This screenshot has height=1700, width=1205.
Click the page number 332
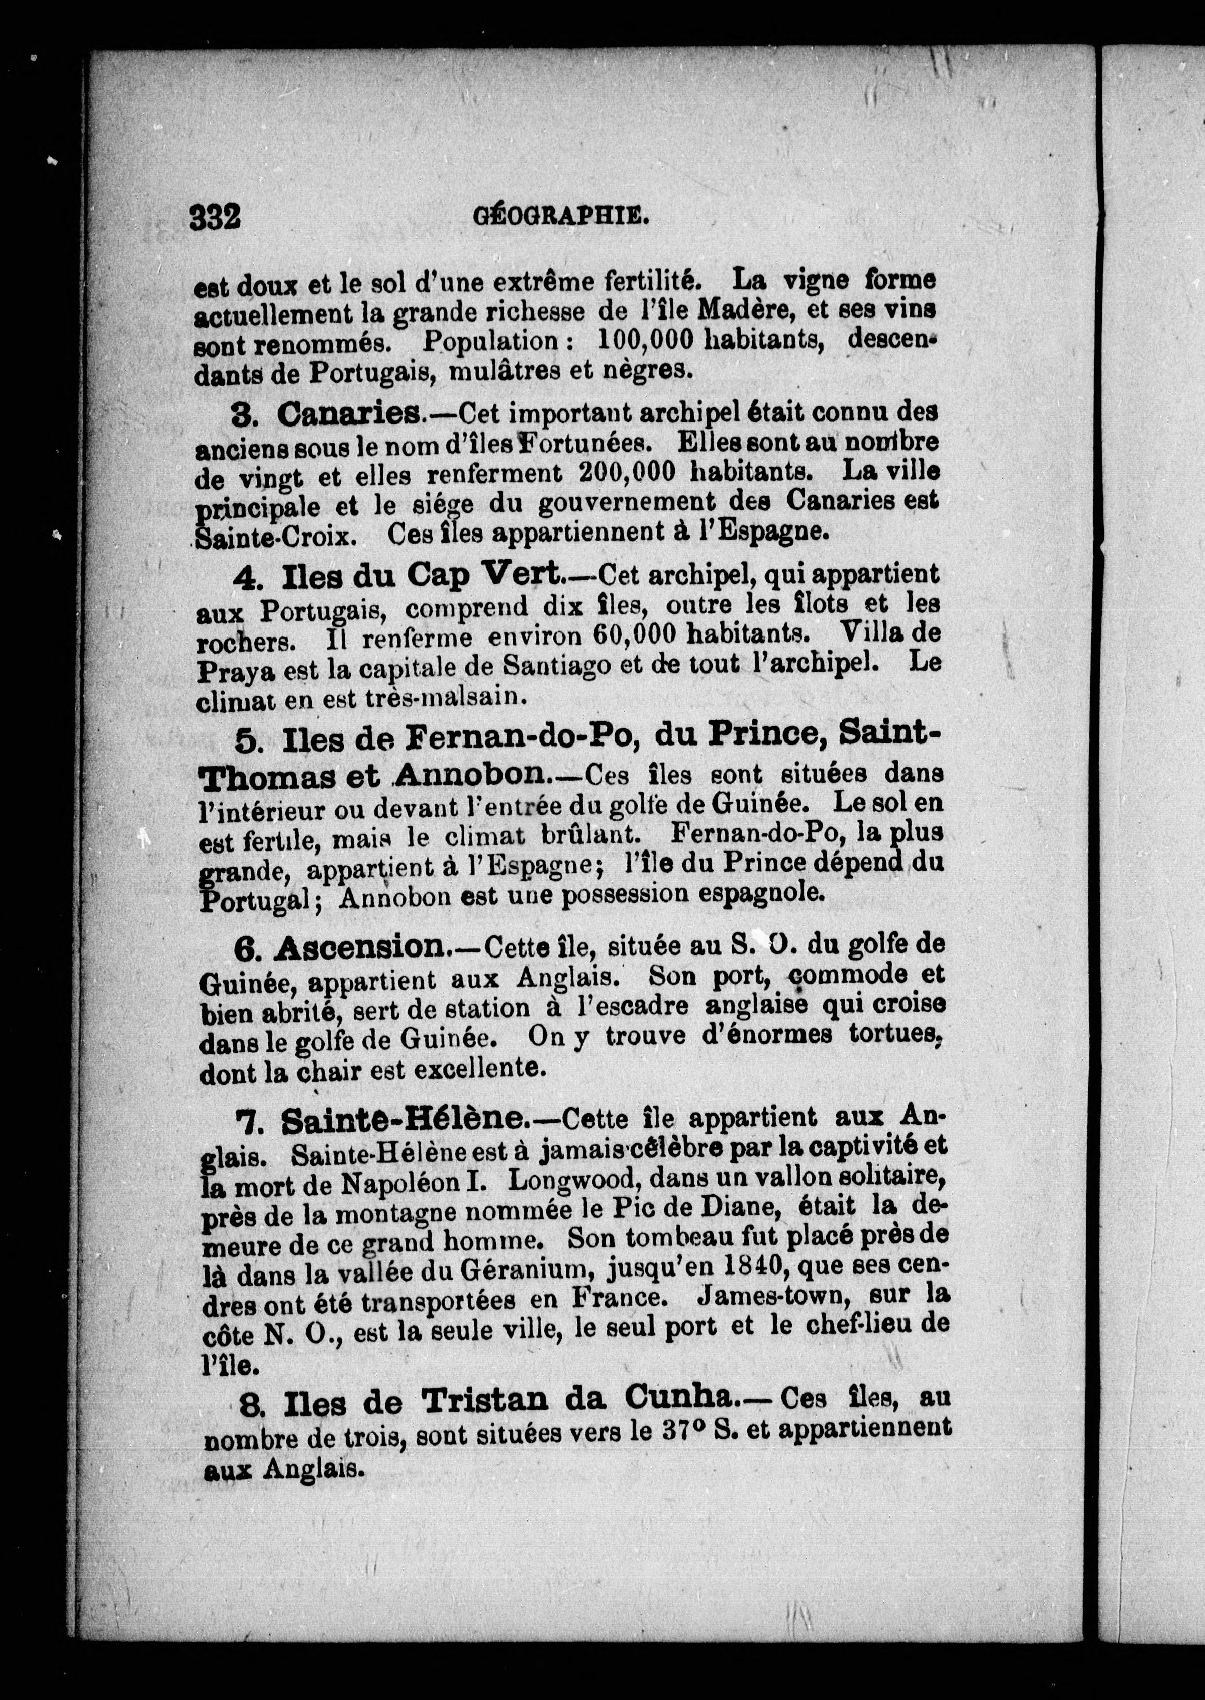[215, 218]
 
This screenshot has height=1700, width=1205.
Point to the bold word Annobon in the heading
[473, 774]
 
